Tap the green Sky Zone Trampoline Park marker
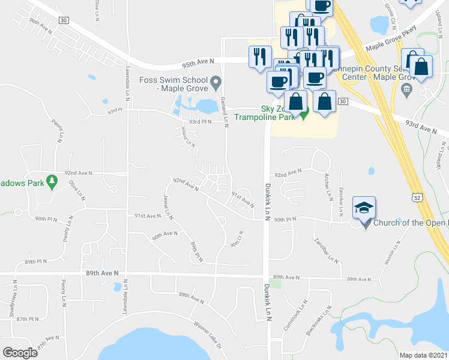click(x=304, y=113)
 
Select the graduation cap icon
click(x=364, y=208)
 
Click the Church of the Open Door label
click(x=411, y=223)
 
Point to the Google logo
click(x=20, y=352)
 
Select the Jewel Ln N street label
click(x=168, y=206)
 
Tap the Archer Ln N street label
click(x=329, y=188)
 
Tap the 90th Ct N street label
click(x=235, y=239)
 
